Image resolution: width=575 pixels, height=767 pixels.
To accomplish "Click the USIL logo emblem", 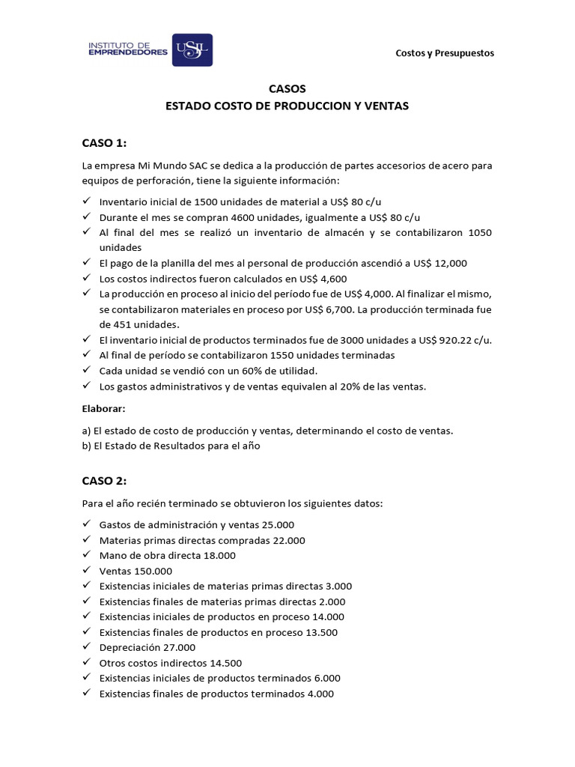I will [x=192, y=52].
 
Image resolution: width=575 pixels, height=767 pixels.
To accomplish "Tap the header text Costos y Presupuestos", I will [x=445, y=53].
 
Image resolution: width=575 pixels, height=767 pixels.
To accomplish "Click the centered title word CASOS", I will [x=287, y=88].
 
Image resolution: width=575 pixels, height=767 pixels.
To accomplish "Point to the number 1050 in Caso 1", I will [x=479, y=232].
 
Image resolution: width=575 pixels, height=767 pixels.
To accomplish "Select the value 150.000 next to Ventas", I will [x=148, y=571].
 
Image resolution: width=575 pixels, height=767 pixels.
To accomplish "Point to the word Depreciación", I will [x=129, y=647].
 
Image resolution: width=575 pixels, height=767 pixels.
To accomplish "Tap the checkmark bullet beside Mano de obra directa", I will [x=86, y=555].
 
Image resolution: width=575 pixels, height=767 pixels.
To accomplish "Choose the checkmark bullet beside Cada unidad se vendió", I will [x=86, y=371].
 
